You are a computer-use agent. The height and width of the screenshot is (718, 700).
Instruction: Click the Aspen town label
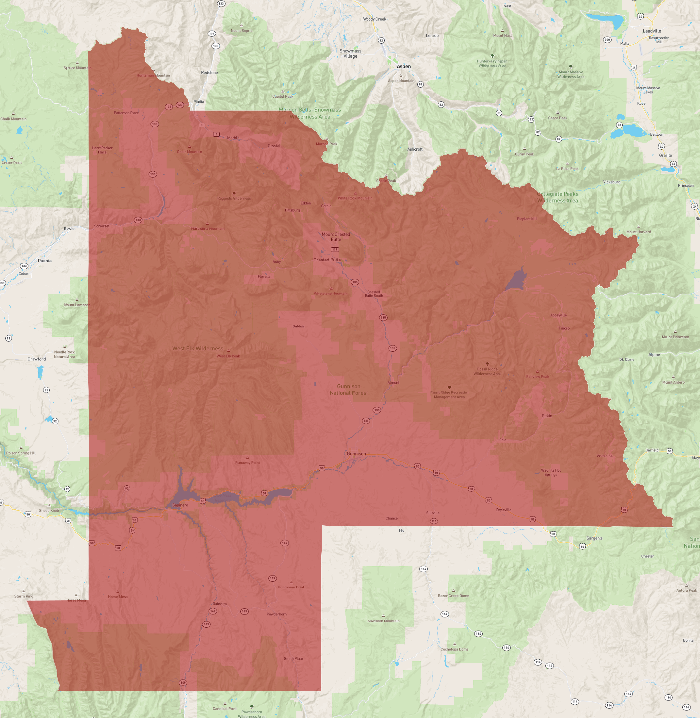click(x=403, y=66)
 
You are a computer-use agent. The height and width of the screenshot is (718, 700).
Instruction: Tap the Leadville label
click(x=652, y=31)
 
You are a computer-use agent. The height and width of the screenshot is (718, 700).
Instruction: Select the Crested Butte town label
click(x=327, y=260)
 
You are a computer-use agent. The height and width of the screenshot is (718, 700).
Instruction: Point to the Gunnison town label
click(x=356, y=454)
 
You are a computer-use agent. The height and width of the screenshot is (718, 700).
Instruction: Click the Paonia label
click(x=45, y=261)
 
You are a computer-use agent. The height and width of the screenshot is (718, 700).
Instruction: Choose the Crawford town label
click(x=36, y=359)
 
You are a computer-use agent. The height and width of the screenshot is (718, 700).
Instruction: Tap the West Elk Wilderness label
click(x=198, y=348)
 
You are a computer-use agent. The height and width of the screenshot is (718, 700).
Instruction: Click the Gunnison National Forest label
click(x=349, y=390)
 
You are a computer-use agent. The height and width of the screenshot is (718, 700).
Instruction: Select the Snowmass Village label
click(x=350, y=53)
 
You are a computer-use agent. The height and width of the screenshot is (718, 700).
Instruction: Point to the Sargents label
click(x=595, y=538)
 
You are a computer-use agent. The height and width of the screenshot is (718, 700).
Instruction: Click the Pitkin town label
click(x=547, y=416)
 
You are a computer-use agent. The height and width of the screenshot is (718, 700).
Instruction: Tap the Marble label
click(x=233, y=138)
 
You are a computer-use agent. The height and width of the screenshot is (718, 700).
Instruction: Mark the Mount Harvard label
click(x=638, y=232)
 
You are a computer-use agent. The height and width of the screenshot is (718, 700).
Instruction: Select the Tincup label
click(x=564, y=328)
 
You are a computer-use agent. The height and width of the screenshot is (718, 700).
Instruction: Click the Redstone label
click(x=209, y=73)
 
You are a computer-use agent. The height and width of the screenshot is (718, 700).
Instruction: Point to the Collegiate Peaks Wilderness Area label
click(x=558, y=197)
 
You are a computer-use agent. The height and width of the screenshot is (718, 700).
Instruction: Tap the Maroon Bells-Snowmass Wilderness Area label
click(x=310, y=113)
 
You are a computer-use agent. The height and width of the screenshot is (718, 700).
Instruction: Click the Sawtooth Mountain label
click(x=384, y=621)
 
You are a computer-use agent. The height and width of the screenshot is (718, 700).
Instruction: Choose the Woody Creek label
click(x=374, y=19)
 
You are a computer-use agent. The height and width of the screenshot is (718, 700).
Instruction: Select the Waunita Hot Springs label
click(x=551, y=472)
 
